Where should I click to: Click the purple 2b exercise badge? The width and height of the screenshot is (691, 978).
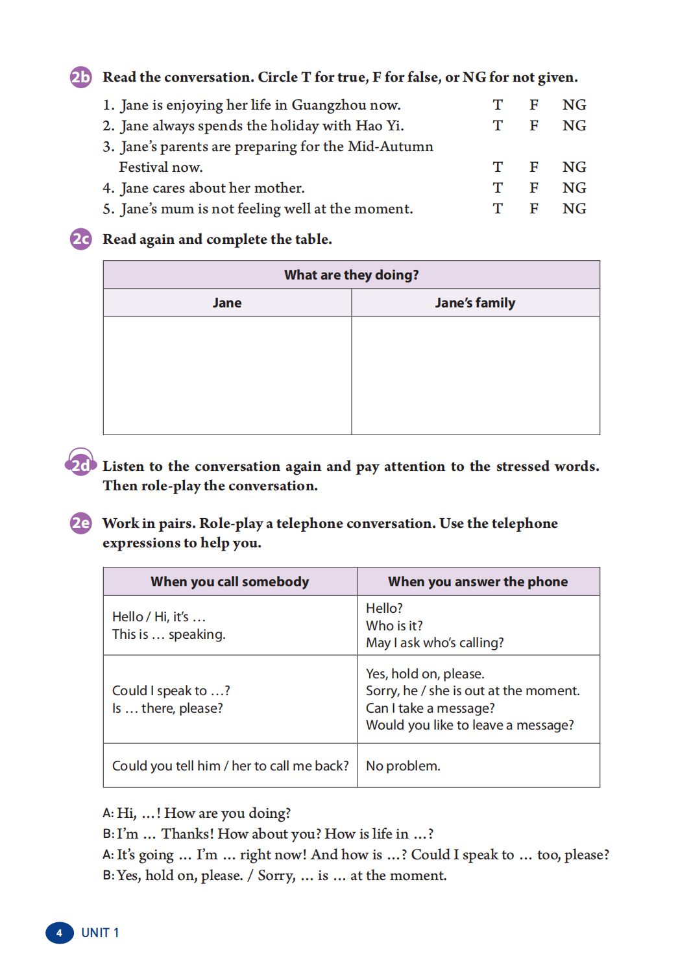pyautogui.click(x=80, y=77)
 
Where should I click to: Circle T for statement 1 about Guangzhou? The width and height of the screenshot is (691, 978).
pyautogui.click(x=498, y=105)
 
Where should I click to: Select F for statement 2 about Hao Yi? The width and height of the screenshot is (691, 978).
pyautogui.click(x=534, y=126)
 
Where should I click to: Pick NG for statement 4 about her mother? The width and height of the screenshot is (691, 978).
pyautogui.click(x=574, y=188)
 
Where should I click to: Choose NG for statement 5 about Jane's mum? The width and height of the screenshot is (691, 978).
pyautogui.click(x=574, y=209)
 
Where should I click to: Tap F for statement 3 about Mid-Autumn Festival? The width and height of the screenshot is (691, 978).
pyautogui.click(x=534, y=167)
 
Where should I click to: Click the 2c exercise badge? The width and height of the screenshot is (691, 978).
pyautogui.click(x=80, y=239)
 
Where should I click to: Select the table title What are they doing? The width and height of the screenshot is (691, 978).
pyautogui.click(x=351, y=275)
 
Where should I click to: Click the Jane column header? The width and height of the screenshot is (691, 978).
pyautogui.click(x=227, y=303)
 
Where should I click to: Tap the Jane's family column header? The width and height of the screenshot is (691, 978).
pyautogui.click(x=475, y=303)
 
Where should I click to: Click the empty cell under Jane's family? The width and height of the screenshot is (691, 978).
pyautogui.click(x=475, y=376)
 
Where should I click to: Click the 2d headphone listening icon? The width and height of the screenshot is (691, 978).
pyautogui.click(x=80, y=464)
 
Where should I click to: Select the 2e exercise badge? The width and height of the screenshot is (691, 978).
pyautogui.click(x=80, y=523)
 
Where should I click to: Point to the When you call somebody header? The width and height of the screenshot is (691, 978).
pyautogui.click(x=230, y=582)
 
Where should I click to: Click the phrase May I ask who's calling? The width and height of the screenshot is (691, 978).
pyautogui.click(x=435, y=643)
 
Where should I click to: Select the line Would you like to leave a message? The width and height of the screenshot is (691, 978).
pyautogui.click(x=470, y=725)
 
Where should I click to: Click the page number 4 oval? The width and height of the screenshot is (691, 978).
pyautogui.click(x=59, y=933)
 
